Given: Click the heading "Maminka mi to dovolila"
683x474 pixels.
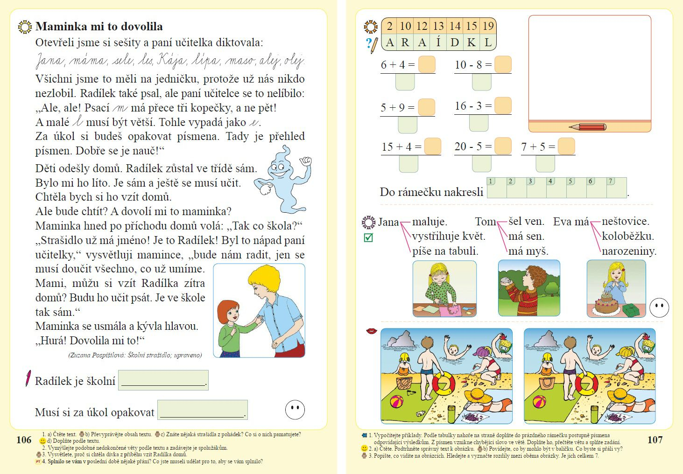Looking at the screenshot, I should click(99, 27).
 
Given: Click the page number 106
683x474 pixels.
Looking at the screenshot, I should click(24, 439).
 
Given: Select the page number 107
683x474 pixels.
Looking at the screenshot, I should click(655, 439).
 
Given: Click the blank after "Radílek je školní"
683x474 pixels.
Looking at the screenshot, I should click(163, 380).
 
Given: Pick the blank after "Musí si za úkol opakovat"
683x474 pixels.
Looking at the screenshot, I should click(202, 410).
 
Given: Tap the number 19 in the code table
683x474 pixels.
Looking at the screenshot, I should click(488, 26).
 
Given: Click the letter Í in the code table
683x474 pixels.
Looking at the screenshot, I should click(438, 42).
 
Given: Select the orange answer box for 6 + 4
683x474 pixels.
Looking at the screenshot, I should click(427, 64).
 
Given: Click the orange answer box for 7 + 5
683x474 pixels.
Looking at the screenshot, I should click(566, 146).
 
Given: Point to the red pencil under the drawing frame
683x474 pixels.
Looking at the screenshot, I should click(588, 126).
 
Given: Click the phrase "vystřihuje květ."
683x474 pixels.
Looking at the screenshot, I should click(448, 236).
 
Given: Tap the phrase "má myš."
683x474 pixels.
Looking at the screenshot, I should click(528, 251).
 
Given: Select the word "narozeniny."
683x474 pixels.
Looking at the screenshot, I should click(629, 251).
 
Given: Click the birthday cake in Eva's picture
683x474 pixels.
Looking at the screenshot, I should click(606, 304).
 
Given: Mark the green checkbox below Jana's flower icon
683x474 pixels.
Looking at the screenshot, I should click(368, 238).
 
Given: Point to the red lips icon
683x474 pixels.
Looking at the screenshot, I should click(372, 331).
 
